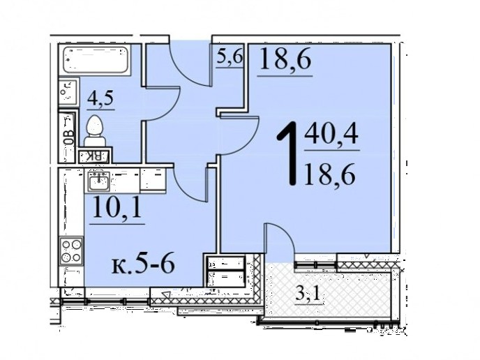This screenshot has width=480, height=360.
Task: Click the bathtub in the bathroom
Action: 95,60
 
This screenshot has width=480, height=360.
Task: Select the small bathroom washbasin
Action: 68,91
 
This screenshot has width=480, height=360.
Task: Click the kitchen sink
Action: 98,181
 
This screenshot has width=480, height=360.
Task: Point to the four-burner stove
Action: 71,251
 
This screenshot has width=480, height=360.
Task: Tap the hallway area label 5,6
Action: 230,57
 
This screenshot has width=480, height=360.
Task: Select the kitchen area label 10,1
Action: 117,207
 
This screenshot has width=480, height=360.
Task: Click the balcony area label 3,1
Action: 308,294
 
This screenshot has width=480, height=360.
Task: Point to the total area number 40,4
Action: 331,135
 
